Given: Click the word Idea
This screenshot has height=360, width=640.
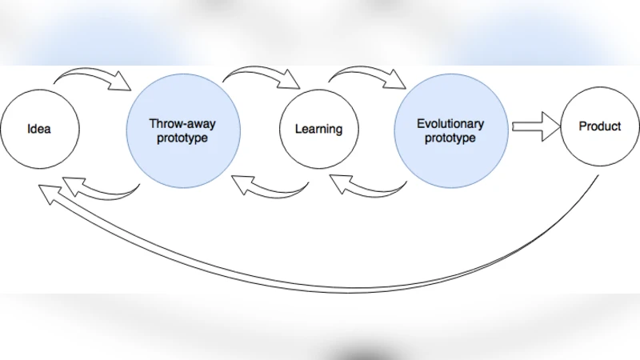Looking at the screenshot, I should tap(39, 129).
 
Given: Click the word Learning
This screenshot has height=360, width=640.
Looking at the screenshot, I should tap(318, 129).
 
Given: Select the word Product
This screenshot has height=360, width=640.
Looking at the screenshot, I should tap(600, 126).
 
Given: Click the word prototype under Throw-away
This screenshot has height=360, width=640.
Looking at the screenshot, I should tap(183, 138).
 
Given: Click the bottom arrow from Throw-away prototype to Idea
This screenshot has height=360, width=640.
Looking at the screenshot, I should tap(100, 190).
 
